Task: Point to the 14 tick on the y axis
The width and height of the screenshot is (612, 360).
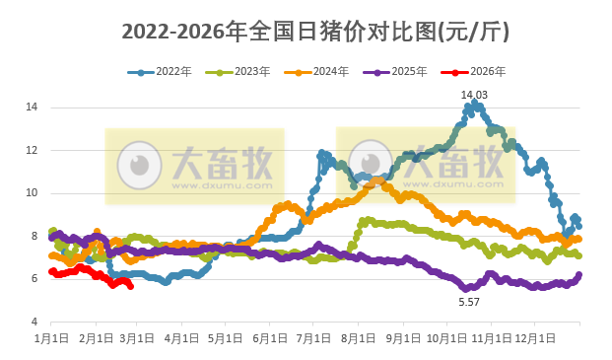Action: (x=32, y=107)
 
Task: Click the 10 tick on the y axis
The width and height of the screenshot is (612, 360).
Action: (x=32, y=193)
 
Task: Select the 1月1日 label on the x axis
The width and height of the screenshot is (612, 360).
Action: (x=50, y=338)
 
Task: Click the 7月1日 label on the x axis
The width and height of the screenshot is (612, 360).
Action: (x=312, y=338)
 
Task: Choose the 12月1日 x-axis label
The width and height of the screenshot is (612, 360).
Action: (x=533, y=338)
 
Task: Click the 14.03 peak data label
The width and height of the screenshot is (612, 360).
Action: (x=474, y=94)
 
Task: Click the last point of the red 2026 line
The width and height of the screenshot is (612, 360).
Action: (x=131, y=286)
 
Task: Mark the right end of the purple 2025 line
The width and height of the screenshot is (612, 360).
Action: (x=578, y=275)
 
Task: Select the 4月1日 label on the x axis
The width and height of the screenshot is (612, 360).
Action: (x=180, y=338)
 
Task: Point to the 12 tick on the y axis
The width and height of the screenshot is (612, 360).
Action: (x=32, y=150)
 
